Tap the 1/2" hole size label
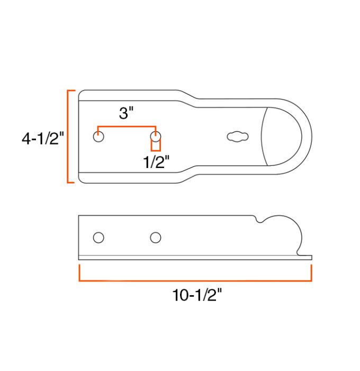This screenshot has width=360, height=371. [x=156, y=162]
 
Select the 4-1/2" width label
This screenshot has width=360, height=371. [x=42, y=138]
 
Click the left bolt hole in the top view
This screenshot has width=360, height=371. [x=98, y=136]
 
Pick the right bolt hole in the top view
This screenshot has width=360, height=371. [x=155, y=137]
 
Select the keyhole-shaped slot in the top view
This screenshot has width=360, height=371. [x=238, y=137]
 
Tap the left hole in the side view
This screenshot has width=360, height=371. [x=98, y=237]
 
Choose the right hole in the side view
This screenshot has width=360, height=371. [x=155, y=237]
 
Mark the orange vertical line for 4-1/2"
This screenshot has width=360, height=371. [x=68, y=137]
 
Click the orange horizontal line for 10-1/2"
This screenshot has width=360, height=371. [x=195, y=280]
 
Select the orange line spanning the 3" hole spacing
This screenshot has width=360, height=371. [x=127, y=127]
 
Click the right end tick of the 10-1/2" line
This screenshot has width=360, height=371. [x=311, y=272]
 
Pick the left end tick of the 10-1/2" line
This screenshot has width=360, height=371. [x=79, y=272]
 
